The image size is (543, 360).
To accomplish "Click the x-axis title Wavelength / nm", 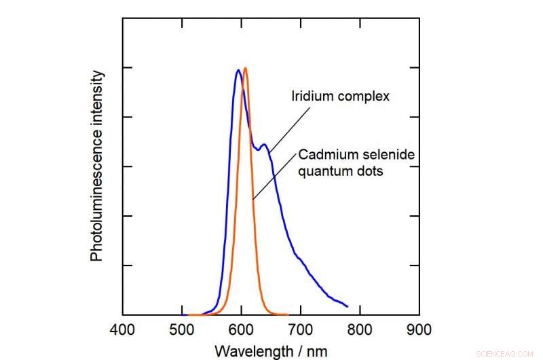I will point(270,350).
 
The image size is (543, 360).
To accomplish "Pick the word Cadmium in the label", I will point(322,156).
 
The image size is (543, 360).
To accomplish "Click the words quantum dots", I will point(341,172).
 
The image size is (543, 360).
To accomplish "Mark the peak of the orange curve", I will point(245,68).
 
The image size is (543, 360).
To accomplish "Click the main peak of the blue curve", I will point(238,70).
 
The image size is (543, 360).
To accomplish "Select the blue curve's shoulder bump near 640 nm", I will point(264,144).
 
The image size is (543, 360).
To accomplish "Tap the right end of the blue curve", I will point(347,306).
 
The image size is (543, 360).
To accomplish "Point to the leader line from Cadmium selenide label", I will point(275,176).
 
